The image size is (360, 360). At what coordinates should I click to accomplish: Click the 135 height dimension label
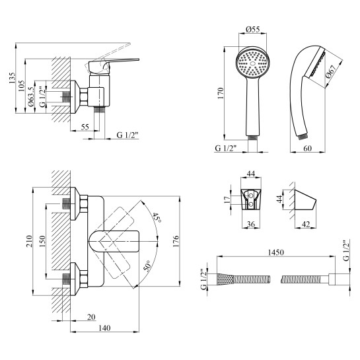[x=12, y=78]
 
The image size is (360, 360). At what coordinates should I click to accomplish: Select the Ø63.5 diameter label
[x=31, y=96]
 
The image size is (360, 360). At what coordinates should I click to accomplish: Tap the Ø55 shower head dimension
[x=252, y=29]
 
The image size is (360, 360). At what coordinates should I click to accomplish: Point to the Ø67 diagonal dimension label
[x=331, y=71]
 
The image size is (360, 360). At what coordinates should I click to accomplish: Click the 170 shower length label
[x=221, y=93]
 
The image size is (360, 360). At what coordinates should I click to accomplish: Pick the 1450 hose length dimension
[x=276, y=252]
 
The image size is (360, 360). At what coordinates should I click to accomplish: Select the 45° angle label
[x=157, y=217]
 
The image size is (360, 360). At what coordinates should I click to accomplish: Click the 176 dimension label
[x=176, y=241]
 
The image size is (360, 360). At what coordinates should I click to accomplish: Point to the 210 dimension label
[x=29, y=241]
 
